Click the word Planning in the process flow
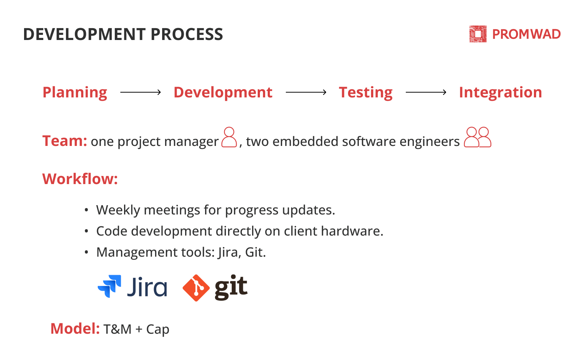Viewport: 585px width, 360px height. pos(75,93)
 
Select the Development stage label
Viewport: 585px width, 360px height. pos(223,92)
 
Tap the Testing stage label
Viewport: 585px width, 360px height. pos(366,93)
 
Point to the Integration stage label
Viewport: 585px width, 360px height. pos(500,93)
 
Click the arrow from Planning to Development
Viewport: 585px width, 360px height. pos(140,92)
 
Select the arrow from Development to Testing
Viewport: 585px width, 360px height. pos(306,92)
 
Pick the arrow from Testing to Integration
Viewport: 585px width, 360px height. pos(426,92)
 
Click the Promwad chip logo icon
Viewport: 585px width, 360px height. pos(478,34)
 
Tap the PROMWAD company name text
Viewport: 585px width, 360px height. pos(526,34)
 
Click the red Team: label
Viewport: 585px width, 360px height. pos(64,141)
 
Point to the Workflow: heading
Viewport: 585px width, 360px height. pos(80,179)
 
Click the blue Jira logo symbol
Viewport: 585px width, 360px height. pos(110,286)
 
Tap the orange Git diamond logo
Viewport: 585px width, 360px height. pos(196,288)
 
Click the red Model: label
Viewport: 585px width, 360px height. pos(75,329)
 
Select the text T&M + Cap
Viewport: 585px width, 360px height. pos(136,329)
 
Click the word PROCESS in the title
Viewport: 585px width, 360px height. pos(187,34)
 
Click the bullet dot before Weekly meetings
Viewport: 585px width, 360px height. pos(86,210)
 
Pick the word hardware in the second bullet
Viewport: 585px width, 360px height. pos(352,231)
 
